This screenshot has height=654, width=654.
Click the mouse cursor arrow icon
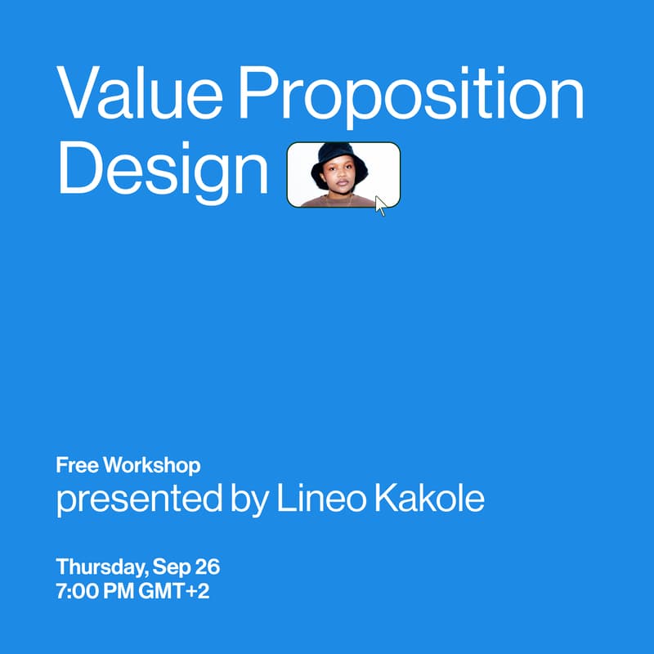[380, 205]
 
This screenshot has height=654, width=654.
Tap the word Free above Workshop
[76, 466]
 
